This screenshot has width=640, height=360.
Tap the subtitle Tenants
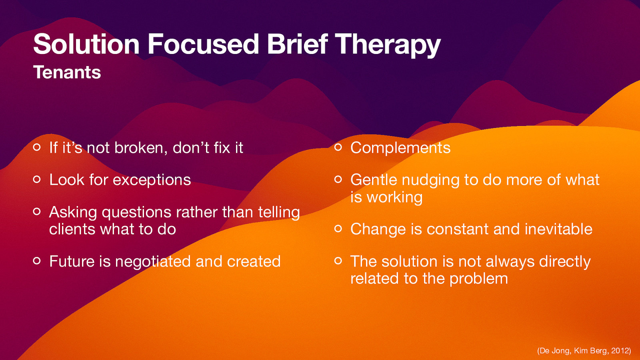click(67, 72)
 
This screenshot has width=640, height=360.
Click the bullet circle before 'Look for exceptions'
click(37, 180)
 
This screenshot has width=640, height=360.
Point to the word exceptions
click(152, 180)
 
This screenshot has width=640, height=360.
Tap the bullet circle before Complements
click(338, 148)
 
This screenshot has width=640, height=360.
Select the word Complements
click(400, 148)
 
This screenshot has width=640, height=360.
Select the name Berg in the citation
click(598, 351)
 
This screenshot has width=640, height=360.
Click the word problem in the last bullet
click(478, 279)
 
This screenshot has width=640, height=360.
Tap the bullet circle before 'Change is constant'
click(338, 229)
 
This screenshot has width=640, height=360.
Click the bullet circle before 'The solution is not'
click(338, 261)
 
